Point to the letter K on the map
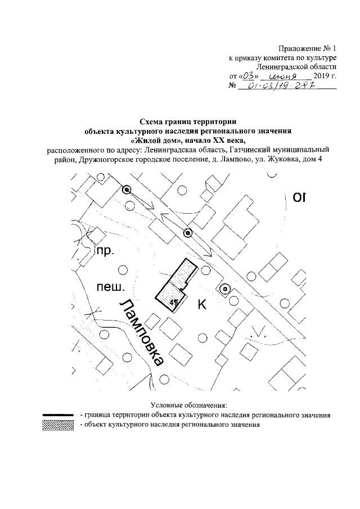[201, 305]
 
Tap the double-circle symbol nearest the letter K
[224, 289]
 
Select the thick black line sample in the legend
[58, 415]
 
